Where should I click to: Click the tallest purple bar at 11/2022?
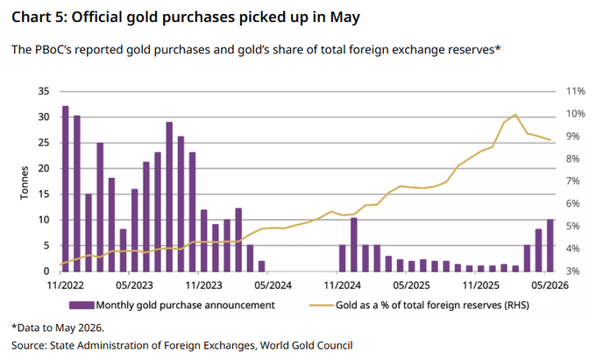(65, 188)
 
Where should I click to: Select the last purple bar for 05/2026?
(550, 245)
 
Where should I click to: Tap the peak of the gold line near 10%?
(515, 114)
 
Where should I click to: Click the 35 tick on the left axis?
(44, 91)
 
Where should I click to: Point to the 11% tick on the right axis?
(576, 91)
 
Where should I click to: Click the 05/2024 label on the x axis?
(273, 286)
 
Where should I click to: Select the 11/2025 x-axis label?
(481, 286)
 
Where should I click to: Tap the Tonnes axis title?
(25, 183)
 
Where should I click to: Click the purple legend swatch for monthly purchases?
(82, 305)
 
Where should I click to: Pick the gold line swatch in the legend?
(321, 305)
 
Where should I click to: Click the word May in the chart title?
(344, 18)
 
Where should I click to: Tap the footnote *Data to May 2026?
(58, 328)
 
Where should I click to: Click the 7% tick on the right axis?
(573, 180)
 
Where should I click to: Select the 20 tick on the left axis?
(44, 168)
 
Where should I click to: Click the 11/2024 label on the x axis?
(342, 286)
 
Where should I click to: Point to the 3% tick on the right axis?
(573, 272)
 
